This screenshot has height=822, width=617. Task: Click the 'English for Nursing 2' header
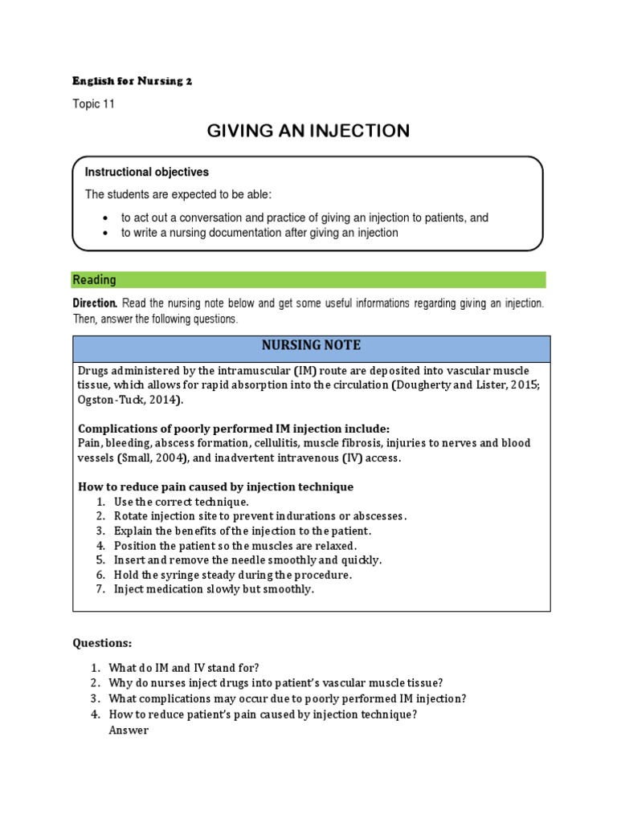(x=133, y=81)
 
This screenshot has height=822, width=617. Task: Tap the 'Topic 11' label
(x=94, y=104)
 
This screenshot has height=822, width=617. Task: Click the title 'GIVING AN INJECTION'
(x=308, y=131)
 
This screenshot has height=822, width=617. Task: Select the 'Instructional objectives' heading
(x=147, y=173)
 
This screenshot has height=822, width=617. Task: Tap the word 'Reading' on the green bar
(x=94, y=280)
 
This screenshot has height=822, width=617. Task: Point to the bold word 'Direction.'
(x=96, y=304)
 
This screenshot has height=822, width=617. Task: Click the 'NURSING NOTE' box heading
(x=311, y=346)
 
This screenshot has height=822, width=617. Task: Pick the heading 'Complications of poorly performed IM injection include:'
(x=234, y=429)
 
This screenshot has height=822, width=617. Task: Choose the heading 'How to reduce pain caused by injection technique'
(x=215, y=487)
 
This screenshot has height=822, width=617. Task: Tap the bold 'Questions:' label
(x=103, y=643)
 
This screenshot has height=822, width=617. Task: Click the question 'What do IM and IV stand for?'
(x=184, y=668)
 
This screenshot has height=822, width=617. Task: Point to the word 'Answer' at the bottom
(x=129, y=730)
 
